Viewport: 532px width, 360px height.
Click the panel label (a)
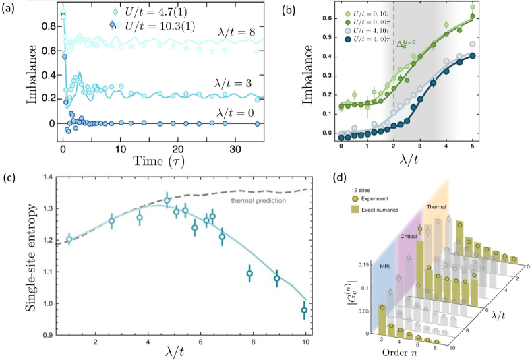click(10, 8)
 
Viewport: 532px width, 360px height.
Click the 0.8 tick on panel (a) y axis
click(46, 27)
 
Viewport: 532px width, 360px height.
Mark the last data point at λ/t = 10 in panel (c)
click(304, 310)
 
